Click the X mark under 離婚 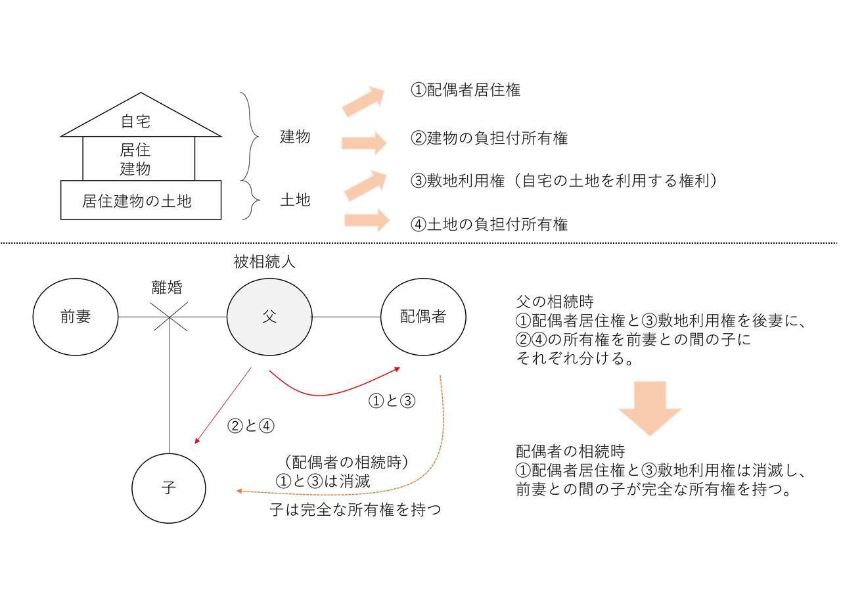point(170,317)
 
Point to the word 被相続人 point(264,262)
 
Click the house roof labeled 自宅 point(141,114)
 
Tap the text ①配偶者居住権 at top point(466,90)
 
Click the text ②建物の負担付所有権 point(489,138)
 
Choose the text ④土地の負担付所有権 point(489,224)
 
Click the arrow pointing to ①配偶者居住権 point(363,101)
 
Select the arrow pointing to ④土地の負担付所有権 point(367,220)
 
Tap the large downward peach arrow point(650,409)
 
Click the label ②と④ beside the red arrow point(251,426)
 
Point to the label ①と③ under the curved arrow point(392,401)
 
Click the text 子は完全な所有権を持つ point(355,509)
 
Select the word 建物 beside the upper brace point(295,137)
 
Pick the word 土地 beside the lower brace point(295,200)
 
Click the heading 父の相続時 point(555,302)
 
